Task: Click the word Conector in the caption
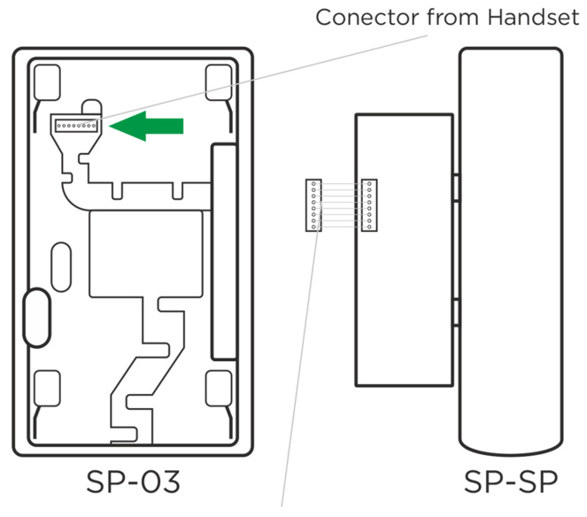(x=358, y=18)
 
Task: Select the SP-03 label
(x=133, y=483)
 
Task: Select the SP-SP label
(x=511, y=483)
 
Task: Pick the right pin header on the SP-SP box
(x=368, y=205)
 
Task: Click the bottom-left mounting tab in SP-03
(x=44, y=387)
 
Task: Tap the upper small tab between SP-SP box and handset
(x=455, y=187)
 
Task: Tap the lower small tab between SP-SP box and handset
(x=455, y=311)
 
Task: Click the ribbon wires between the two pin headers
(x=341, y=205)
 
